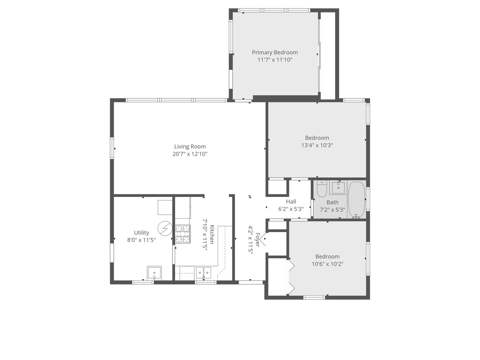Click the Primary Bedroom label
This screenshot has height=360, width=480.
point(275,52)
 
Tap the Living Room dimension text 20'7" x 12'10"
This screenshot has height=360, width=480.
point(190,154)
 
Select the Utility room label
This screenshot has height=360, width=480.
point(141,233)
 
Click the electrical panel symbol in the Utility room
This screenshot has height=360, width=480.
point(165,228)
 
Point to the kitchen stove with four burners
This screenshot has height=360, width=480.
point(183,234)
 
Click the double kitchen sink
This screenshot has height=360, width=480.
point(203,273)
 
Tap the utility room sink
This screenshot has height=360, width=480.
point(154,273)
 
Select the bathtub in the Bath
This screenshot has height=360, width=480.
point(356,200)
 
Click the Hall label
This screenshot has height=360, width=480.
point(291,202)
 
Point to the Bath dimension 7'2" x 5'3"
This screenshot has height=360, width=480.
point(332,210)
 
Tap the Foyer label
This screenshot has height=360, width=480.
point(258,240)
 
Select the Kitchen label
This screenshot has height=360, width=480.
point(212,234)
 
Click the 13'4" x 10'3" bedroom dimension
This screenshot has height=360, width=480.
point(317,145)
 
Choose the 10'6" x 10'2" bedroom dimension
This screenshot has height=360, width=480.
point(327,264)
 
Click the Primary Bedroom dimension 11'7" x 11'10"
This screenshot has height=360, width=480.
point(275,60)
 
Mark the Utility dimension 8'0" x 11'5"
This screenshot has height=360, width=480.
point(141,240)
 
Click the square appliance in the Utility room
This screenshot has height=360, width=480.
point(165,207)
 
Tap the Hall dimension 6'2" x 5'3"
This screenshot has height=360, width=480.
point(291,209)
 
